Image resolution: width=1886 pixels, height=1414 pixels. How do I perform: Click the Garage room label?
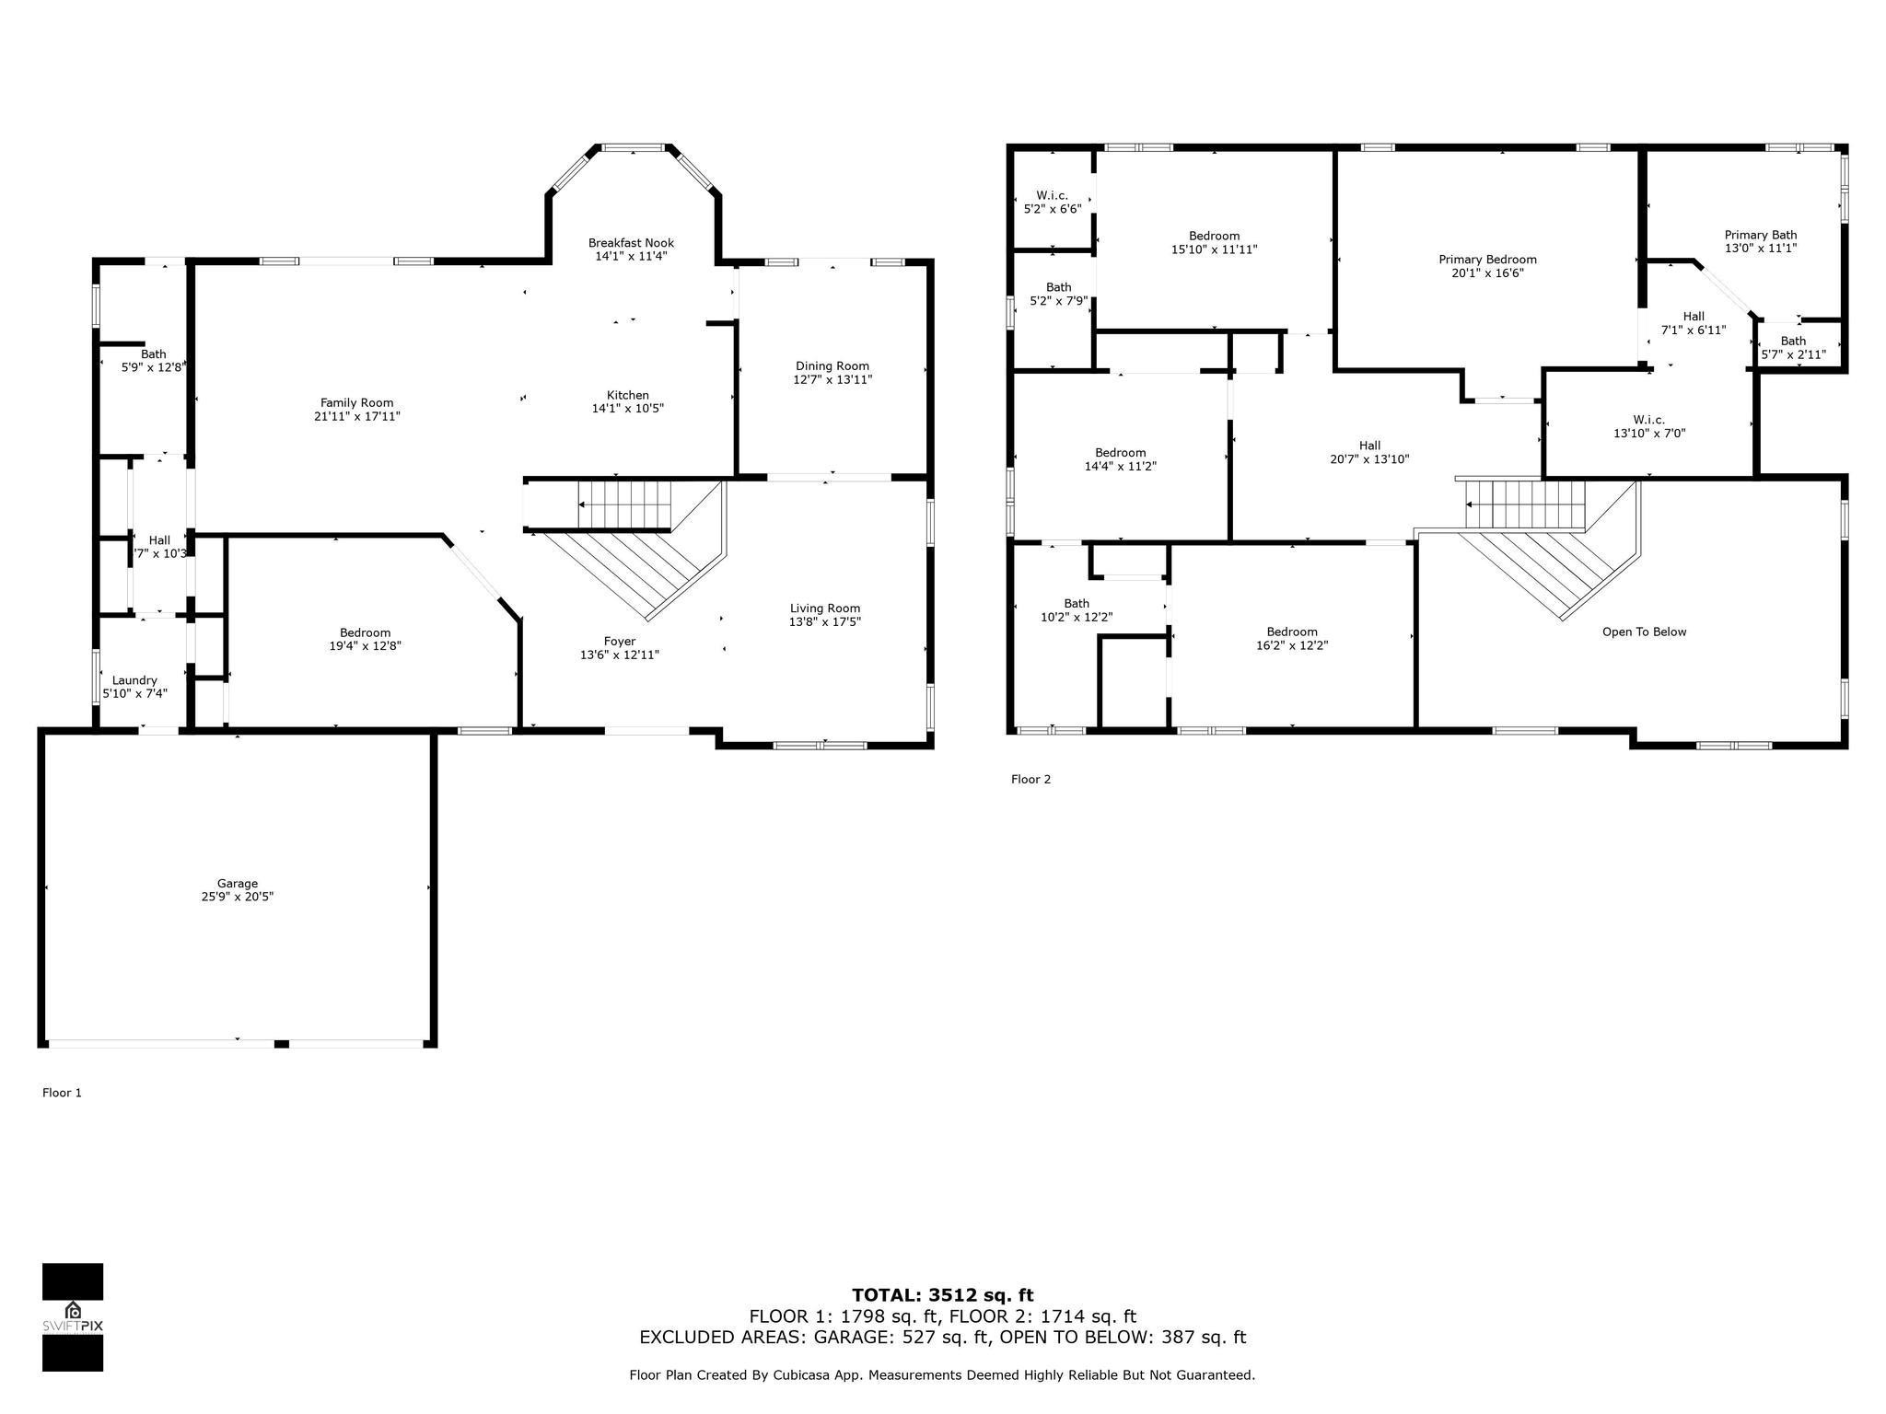click(237, 883)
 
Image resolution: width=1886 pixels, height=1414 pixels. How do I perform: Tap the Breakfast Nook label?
click(631, 243)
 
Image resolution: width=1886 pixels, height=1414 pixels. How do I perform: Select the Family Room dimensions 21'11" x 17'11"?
click(356, 416)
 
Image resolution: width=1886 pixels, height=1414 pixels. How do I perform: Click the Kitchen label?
click(627, 395)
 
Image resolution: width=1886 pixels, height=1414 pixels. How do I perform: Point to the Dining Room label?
click(832, 365)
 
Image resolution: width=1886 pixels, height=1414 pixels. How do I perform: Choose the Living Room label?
click(824, 608)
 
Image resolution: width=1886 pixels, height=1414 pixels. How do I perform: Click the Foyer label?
click(619, 641)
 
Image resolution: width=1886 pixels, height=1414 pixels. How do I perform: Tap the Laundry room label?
click(134, 679)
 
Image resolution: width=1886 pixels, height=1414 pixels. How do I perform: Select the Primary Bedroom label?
click(1486, 260)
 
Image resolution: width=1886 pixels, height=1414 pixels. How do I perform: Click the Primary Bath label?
click(1760, 235)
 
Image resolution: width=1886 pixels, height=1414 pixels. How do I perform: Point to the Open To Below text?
click(1644, 632)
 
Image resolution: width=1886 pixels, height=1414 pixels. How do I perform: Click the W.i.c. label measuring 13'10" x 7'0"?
click(1648, 420)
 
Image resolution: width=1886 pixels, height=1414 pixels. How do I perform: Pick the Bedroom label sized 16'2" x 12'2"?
click(1291, 632)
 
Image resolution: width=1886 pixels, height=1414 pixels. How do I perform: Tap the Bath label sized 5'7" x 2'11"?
click(1792, 341)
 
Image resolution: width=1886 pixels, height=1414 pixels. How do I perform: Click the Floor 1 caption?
click(62, 1093)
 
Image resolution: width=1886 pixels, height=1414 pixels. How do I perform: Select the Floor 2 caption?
click(1030, 779)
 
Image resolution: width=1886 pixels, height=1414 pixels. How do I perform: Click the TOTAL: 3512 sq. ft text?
click(942, 1295)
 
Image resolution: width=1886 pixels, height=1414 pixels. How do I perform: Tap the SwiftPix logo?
click(73, 1316)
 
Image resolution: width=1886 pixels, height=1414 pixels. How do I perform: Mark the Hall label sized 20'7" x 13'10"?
click(1368, 446)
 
